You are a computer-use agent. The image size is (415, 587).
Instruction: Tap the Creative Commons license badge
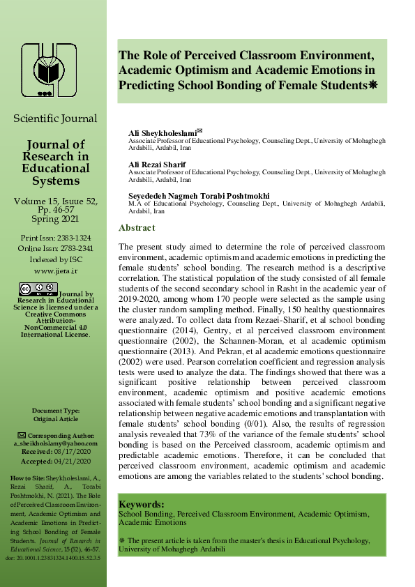click(x=38, y=290)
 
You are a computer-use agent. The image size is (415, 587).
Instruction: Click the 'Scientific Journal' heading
click(x=55, y=119)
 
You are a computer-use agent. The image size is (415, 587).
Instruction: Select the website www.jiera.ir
click(x=55, y=270)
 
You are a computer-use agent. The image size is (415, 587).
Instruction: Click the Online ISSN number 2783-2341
click(x=73, y=248)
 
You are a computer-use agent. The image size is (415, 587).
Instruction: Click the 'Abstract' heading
click(x=137, y=228)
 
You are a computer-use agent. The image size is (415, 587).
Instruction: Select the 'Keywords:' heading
click(x=141, y=504)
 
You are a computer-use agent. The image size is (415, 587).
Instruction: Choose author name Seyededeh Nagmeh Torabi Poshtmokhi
click(x=199, y=195)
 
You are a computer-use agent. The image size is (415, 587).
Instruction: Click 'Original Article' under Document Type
click(x=56, y=419)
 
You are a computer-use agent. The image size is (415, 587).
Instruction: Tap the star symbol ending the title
click(x=372, y=85)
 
